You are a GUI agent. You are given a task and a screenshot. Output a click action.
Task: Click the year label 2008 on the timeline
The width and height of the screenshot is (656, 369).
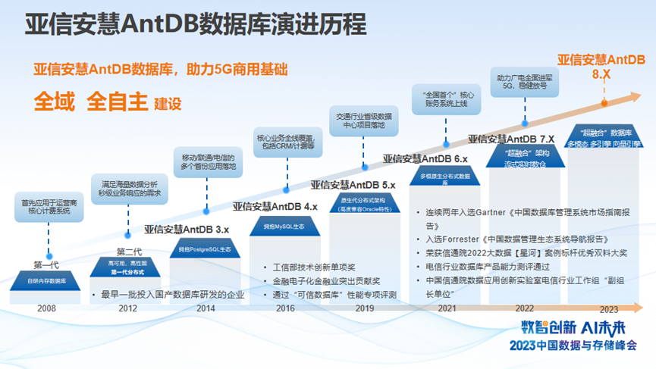coord(46,308)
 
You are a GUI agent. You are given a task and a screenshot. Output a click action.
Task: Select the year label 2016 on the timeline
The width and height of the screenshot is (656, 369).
coord(285,308)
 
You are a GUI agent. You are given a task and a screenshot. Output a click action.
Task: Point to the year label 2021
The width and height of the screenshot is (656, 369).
coord(447,308)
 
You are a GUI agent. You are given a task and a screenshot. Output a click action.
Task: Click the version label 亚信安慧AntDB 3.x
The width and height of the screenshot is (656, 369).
coord(187,228)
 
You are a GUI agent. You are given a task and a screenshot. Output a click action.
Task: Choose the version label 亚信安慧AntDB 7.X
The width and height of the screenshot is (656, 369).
coord(511,139)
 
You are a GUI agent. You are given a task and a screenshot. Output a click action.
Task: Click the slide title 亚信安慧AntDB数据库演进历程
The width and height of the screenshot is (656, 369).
coord(196,24)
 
